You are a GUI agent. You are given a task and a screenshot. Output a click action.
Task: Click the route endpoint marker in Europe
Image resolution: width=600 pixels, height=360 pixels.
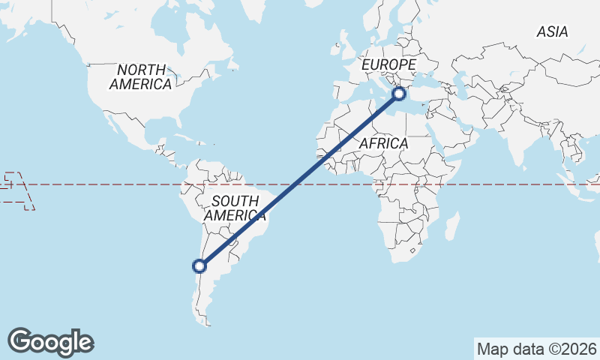tap(399, 94)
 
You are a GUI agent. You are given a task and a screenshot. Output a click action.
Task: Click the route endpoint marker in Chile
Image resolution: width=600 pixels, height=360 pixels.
tap(199, 265)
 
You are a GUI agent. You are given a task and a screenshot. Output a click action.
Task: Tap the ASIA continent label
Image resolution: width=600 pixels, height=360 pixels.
tap(552, 32)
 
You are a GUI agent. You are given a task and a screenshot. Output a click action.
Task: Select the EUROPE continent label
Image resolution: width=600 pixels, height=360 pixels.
tap(388, 66)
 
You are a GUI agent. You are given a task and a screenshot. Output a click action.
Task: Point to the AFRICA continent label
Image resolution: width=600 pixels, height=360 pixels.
tap(383, 142)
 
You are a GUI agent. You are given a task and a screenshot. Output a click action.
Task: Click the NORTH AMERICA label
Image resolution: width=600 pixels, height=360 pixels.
tap(140, 77)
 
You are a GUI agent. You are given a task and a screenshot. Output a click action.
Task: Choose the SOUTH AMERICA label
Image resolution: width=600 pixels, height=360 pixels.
tap(235, 208)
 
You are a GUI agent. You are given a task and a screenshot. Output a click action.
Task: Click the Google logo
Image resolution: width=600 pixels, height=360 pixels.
tap(51, 342)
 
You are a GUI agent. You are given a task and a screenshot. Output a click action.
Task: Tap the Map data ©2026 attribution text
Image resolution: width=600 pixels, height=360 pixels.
tap(537, 349)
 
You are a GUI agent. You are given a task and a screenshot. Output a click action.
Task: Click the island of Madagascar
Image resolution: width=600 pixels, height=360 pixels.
tap(452, 225)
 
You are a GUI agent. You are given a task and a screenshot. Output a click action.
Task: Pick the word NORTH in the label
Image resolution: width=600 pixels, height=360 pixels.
tap(141, 70)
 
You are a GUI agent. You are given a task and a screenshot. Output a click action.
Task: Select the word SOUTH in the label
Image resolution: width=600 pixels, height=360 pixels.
tap(235, 201)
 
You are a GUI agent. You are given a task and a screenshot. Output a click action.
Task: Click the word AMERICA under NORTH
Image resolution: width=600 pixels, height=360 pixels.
tap(140, 85)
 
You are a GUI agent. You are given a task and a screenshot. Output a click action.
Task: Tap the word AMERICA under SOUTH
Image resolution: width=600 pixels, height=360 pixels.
tap(235, 216)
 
